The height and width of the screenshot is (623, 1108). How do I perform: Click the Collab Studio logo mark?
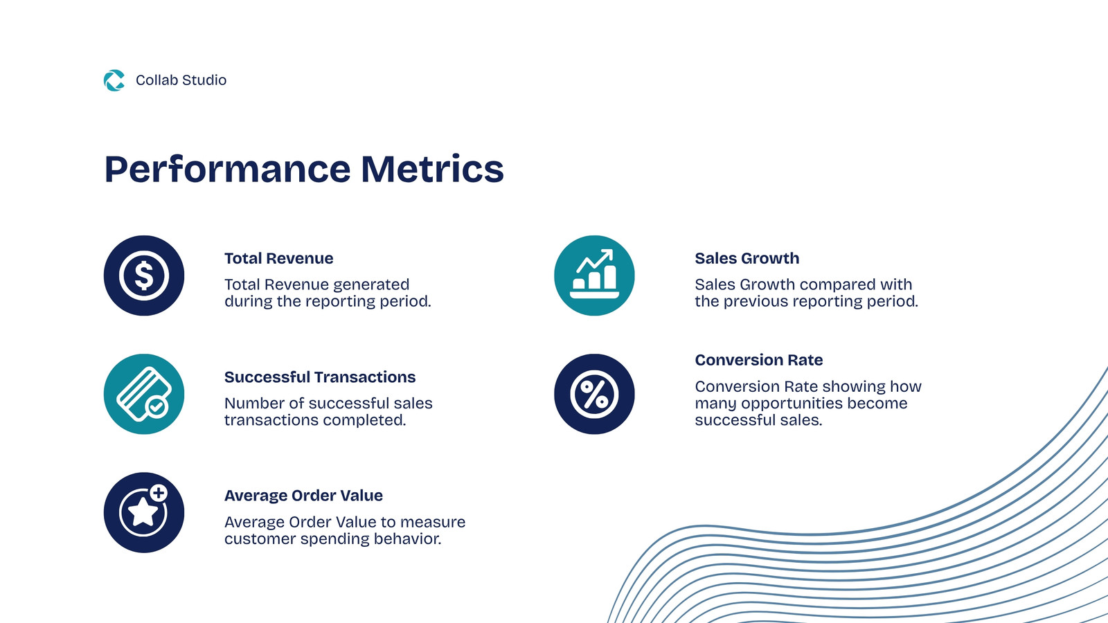(x=114, y=80)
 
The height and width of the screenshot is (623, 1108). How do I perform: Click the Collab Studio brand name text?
(x=181, y=80)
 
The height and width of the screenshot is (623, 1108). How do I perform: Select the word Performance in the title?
(x=228, y=170)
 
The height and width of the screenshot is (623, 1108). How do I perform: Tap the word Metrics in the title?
(x=432, y=169)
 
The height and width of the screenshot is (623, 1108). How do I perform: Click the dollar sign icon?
(x=144, y=276)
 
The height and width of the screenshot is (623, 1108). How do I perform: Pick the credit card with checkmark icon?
(x=144, y=394)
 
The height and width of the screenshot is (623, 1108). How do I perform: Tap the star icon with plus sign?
(x=144, y=513)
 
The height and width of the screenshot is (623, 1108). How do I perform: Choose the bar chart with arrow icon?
(x=594, y=276)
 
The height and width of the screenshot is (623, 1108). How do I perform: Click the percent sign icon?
(x=594, y=394)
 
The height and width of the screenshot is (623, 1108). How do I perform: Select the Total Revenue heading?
(x=279, y=258)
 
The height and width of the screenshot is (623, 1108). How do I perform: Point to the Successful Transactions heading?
(x=320, y=377)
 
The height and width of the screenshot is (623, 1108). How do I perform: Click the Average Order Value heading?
(x=304, y=496)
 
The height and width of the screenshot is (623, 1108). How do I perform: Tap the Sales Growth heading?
(x=747, y=258)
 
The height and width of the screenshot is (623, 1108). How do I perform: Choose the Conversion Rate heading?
(x=759, y=360)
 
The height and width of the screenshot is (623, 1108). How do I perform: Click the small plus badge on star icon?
(x=159, y=492)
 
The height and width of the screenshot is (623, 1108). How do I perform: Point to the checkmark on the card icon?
(x=157, y=408)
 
